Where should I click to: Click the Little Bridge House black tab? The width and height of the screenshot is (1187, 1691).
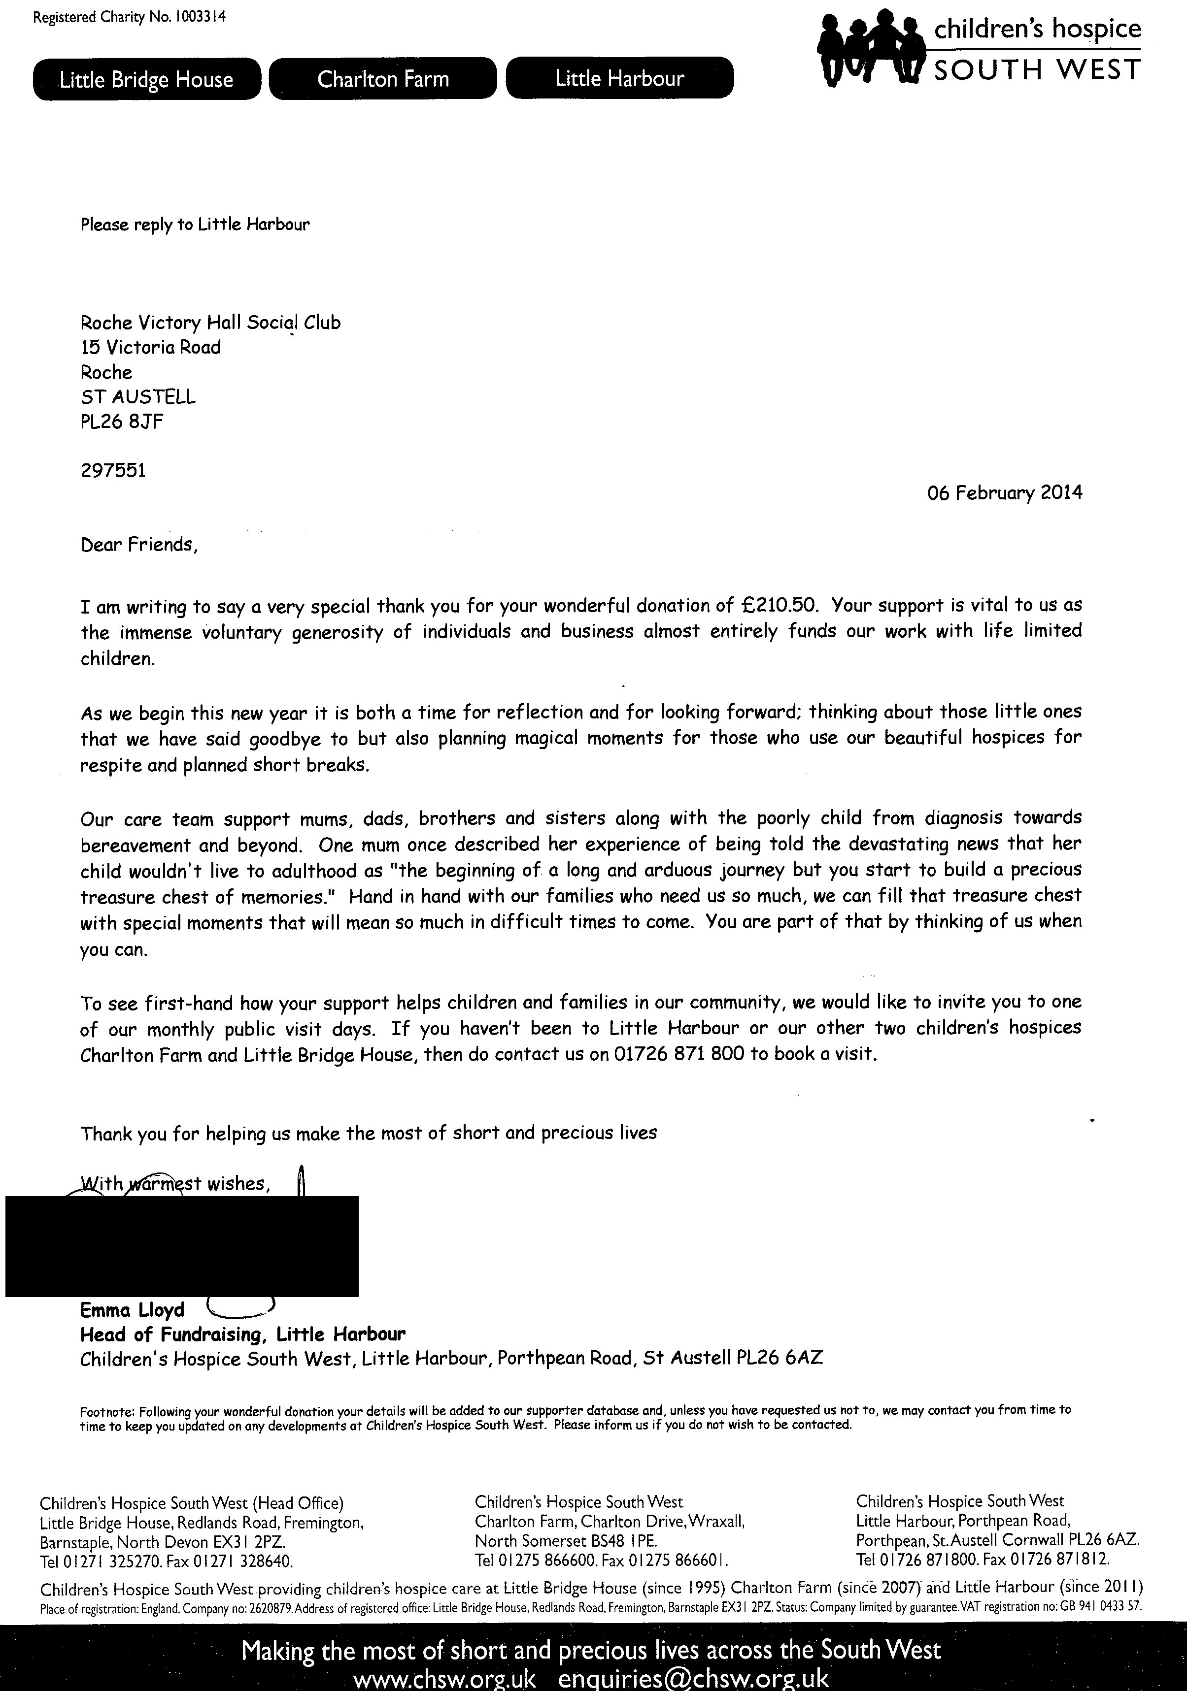(x=147, y=79)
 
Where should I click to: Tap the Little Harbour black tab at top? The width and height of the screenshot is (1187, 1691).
(x=620, y=78)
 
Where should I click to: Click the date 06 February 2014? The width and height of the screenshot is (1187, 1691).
(x=1004, y=493)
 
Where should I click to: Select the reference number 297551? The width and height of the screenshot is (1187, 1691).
(x=113, y=470)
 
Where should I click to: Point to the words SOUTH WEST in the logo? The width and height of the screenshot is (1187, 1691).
(x=1037, y=70)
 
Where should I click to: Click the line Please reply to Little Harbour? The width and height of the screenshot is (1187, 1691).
(x=195, y=225)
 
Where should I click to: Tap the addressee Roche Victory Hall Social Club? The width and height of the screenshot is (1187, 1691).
(x=210, y=323)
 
